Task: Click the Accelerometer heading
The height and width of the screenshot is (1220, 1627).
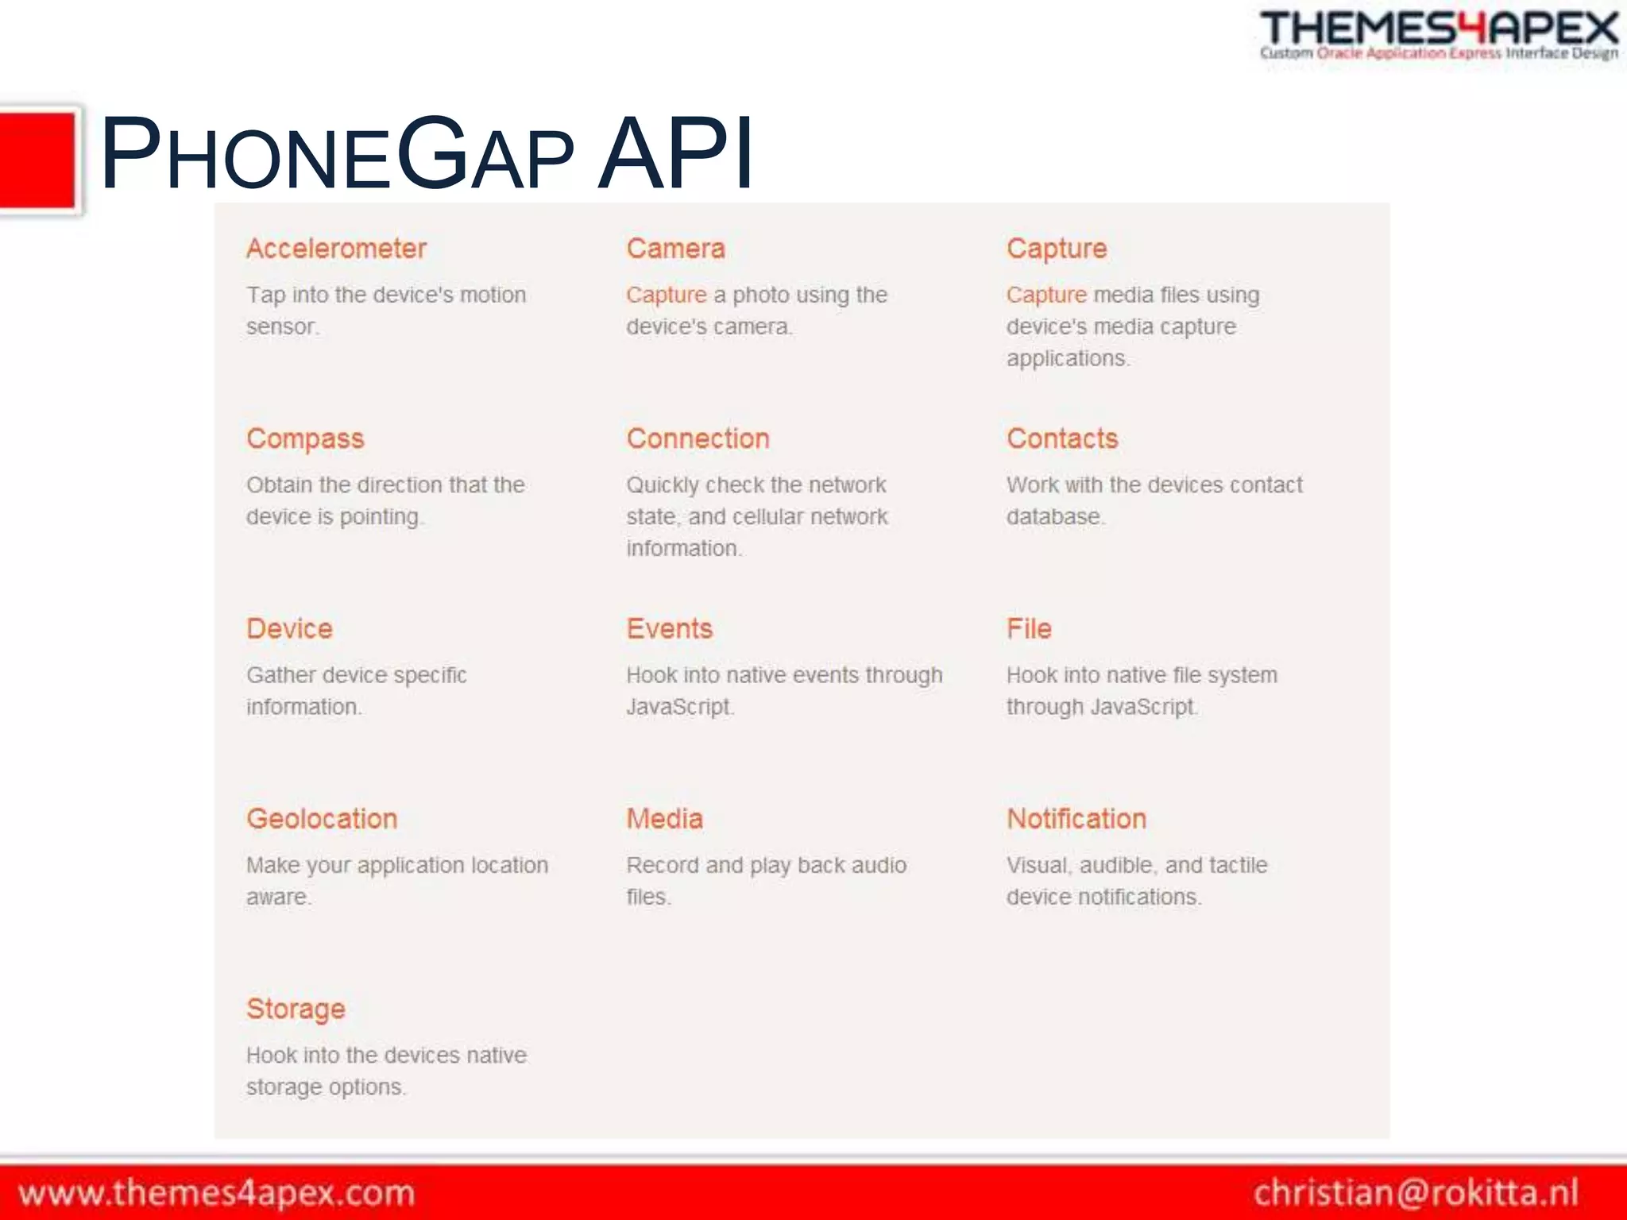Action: pyautogui.click(x=336, y=249)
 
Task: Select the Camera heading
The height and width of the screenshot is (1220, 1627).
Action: pyautogui.click(x=675, y=249)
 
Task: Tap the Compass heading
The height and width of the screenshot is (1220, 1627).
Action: pyautogui.click(x=305, y=438)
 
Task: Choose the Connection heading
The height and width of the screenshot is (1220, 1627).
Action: pyautogui.click(x=698, y=438)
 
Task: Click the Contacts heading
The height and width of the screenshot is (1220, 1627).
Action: pyautogui.click(x=1062, y=438)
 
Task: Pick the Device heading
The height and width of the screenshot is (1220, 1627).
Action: pyautogui.click(x=289, y=628)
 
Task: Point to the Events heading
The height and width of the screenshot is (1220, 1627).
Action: pyautogui.click(x=669, y=628)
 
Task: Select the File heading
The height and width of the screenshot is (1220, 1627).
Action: pyautogui.click(x=1029, y=628)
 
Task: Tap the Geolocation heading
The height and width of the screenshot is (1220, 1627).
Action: pyautogui.click(x=322, y=818)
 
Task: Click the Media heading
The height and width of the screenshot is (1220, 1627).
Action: pyautogui.click(x=664, y=818)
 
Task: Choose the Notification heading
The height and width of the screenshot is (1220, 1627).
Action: pyautogui.click(x=1076, y=818)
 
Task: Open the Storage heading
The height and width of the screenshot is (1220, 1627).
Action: pyautogui.click(x=296, y=1009)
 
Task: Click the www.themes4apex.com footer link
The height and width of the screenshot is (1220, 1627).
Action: pyautogui.click(x=216, y=1193)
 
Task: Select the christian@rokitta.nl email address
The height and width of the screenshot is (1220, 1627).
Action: pyautogui.click(x=1416, y=1193)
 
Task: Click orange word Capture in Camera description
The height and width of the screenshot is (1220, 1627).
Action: pyautogui.click(x=666, y=295)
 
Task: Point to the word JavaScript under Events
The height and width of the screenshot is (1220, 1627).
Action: pyautogui.click(x=678, y=706)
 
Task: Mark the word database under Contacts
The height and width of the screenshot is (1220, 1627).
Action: pyautogui.click(x=1053, y=516)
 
